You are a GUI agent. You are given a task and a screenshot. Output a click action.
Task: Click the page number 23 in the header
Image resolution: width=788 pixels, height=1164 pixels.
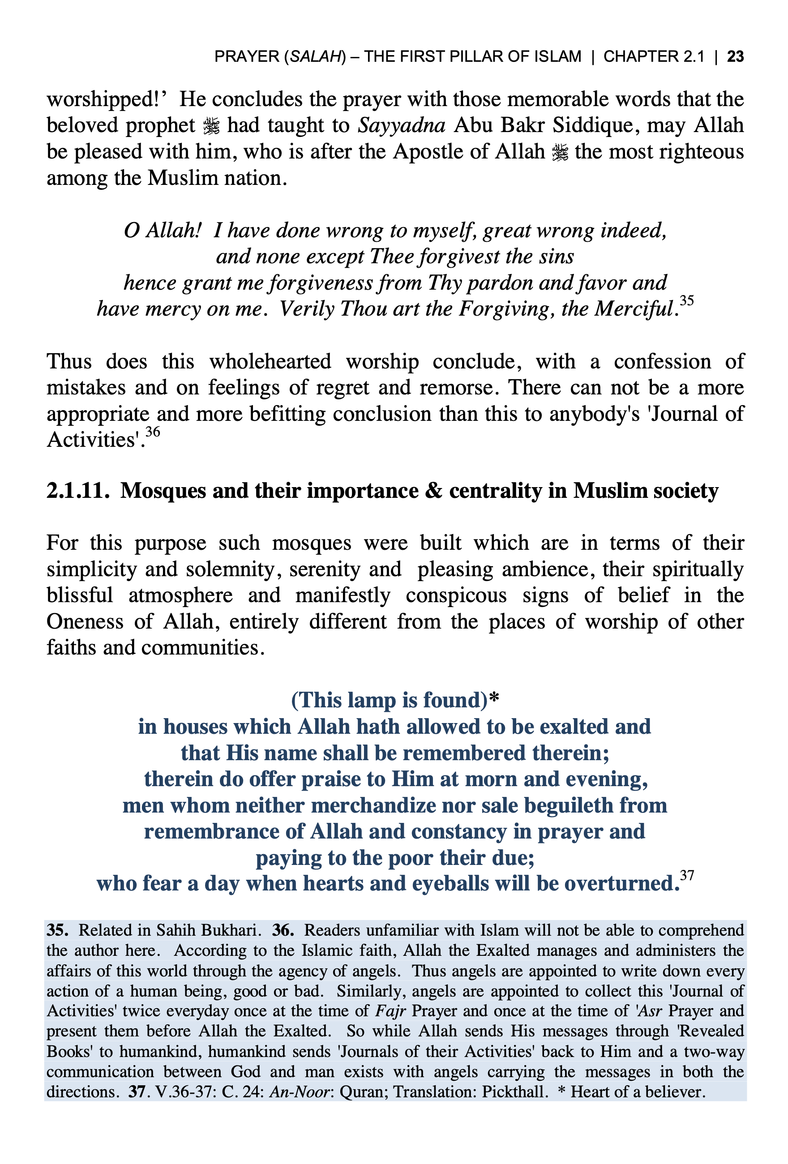735,56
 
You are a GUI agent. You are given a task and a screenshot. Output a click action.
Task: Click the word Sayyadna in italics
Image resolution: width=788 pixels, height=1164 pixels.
401,125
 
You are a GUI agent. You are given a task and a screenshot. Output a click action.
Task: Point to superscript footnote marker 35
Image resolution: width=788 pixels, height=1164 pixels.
686,300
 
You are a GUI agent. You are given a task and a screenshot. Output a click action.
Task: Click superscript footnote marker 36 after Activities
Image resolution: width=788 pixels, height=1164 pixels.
153,431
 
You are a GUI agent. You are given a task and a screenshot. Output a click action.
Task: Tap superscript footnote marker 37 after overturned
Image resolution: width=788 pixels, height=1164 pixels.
687,875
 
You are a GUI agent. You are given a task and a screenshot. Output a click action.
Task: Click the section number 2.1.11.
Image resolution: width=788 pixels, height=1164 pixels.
77,490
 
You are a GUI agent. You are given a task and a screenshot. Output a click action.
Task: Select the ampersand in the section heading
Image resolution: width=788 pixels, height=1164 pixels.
433,490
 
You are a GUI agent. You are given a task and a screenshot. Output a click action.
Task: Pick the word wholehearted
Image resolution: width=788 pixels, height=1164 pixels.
270,362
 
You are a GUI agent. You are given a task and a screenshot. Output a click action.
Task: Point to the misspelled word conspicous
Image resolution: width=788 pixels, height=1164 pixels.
456,595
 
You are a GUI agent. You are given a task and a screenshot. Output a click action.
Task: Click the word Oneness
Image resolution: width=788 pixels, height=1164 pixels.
85,621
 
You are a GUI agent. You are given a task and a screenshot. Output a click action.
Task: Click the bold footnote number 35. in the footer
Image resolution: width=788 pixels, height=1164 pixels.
58,930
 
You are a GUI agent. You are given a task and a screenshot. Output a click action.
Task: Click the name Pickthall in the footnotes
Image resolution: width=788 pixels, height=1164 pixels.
513,1091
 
